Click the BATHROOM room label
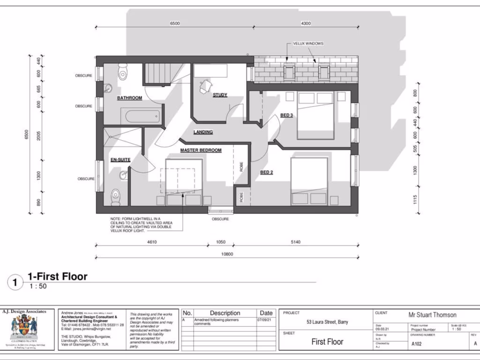coord(129,98)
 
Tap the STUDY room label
coord(220,95)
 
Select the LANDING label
coord(203,132)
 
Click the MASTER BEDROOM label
coord(201,150)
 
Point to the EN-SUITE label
coord(120,160)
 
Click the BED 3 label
coord(287,115)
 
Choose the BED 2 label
coord(267,172)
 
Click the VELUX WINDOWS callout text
coord(308,44)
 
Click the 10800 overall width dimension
coord(227,254)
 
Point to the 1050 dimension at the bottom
coord(220,242)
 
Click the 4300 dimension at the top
coord(306,23)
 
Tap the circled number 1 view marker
coord(15,282)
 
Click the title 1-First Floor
coord(57,277)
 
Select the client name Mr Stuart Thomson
coord(432,315)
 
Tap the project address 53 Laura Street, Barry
coord(327,322)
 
